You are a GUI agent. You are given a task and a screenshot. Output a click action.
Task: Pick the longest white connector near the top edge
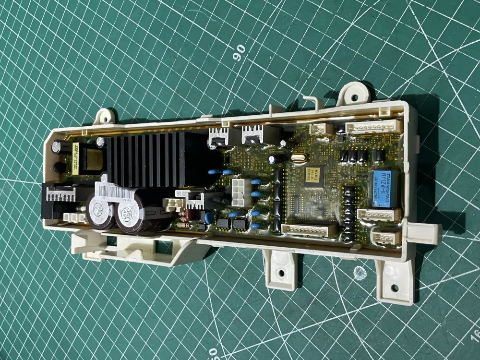pos(373,126)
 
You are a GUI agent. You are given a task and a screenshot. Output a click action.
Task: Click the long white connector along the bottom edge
pos(308,230)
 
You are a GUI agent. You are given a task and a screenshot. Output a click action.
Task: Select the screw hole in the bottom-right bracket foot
pos(394,288)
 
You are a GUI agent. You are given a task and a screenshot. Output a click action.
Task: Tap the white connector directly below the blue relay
pos(378,215)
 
